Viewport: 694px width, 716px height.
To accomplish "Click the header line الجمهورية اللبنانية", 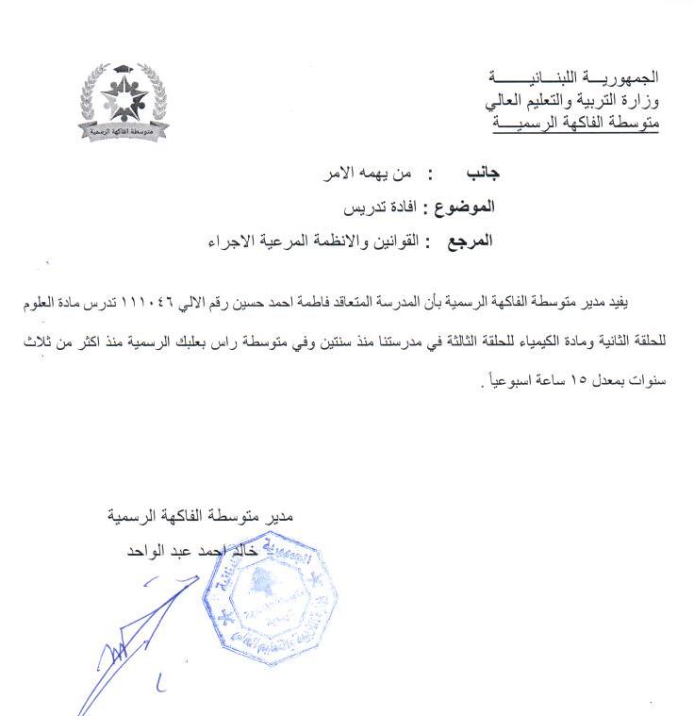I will coord(575,75).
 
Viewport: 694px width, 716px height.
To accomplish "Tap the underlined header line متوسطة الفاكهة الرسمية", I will coord(576,122).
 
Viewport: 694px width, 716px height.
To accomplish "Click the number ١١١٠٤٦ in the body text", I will coord(155,306).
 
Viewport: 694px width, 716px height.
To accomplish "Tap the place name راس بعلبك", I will coord(202,346).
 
